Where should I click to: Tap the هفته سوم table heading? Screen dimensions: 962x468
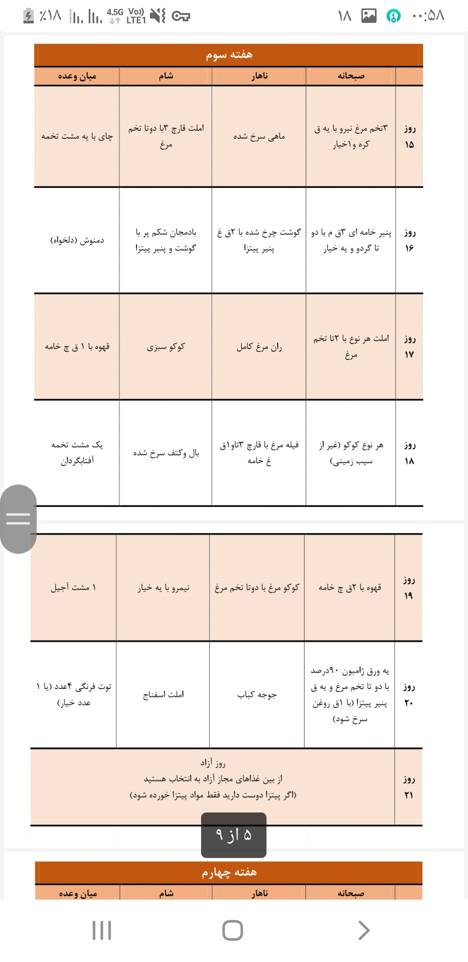[x=229, y=55]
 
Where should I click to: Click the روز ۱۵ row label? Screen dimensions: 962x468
[x=409, y=136]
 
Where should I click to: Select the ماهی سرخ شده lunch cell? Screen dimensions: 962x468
[x=259, y=136]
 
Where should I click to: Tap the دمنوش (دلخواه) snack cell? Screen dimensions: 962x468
[x=77, y=240]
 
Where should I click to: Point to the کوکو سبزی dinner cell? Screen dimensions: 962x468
[x=166, y=347]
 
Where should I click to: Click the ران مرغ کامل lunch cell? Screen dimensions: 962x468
[x=259, y=347]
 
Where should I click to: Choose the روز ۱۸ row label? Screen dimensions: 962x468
[x=409, y=453]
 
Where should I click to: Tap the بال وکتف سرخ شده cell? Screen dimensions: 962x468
[x=166, y=453]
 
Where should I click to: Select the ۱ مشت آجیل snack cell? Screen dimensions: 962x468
[x=73, y=588]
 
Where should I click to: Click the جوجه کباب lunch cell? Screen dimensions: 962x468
[x=257, y=695]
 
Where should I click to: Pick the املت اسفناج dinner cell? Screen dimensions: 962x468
[x=163, y=695]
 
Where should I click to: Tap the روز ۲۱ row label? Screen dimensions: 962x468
[x=408, y=787]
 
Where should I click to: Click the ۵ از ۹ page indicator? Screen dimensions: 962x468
[x=234, y=835]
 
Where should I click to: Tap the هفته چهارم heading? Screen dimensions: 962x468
[x=229, y=872]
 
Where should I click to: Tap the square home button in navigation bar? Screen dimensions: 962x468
[x=233, y=930]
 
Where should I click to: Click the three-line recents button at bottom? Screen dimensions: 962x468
[x=102, y=930]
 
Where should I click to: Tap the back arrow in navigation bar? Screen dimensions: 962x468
[x=364, y=930]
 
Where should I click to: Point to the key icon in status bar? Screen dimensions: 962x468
[x=181, y=16]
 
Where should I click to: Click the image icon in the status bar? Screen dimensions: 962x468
[x=369, y=16]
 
